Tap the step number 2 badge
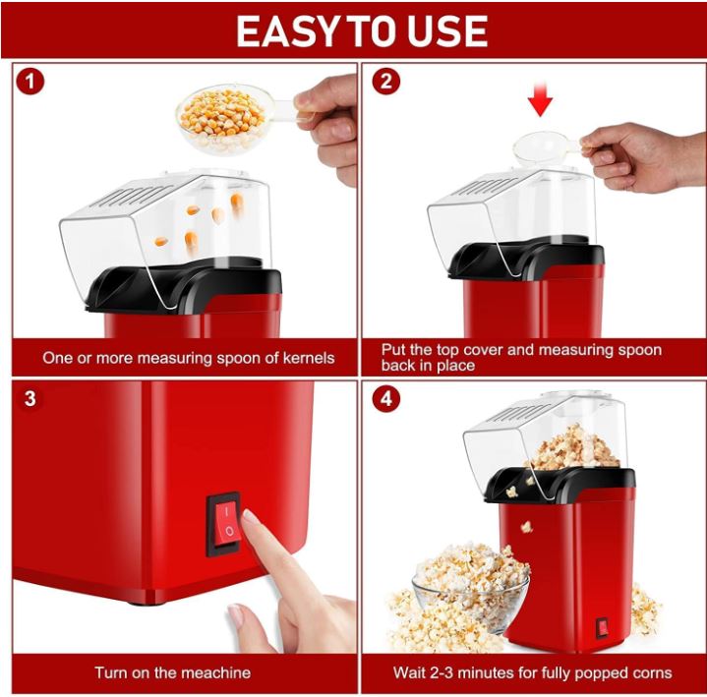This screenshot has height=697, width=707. tap(384, 82)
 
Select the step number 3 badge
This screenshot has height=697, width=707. tap(30, 399)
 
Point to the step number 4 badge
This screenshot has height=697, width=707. tap(385, 399)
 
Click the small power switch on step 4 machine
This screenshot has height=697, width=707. tap(601, 627)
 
